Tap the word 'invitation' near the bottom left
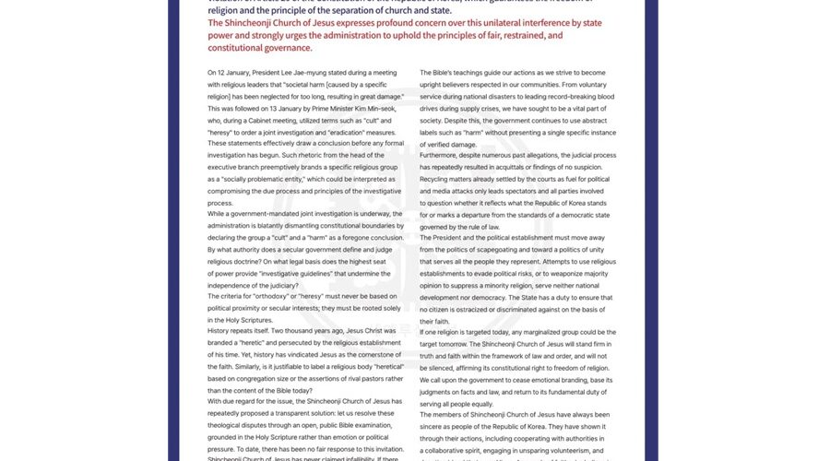tap(381, 448)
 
